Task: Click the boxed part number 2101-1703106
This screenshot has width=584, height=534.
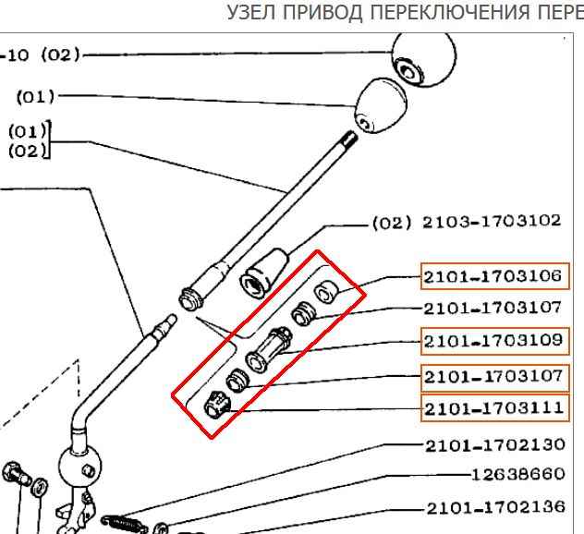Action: pos(494,275)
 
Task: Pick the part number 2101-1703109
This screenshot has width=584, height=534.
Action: pos(494,341)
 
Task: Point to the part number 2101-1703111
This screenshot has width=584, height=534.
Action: pos(494,407)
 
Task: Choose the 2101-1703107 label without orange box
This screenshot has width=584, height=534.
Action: pos(494,309)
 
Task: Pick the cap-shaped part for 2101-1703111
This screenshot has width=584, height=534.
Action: pos(218,404)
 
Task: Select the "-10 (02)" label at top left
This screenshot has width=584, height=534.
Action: pos(41,55)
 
